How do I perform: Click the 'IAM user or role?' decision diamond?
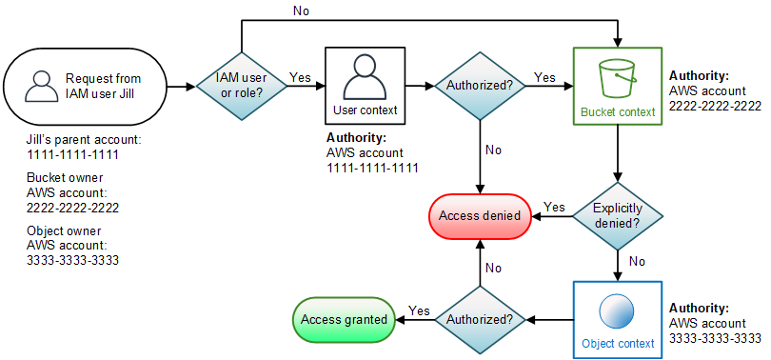pyautogui.click(x=243, y=85)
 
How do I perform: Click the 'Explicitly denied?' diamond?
pyautogui.click(x=619, y=215)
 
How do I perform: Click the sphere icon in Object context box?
pyautogui.click(x=618, y=312)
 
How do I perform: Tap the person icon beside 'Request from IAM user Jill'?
pyautogui.click(x=39, y=86)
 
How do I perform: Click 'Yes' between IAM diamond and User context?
pyautogui.click(x=299, y=76)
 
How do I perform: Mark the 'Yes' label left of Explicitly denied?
pyautogui.click(x=553, y=207)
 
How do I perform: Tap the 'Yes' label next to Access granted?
pyautogui.click(x=418, y=310)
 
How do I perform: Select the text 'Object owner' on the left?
pyautogui.click(x=63, y=231)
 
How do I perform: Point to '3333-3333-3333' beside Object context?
pyautogui.click(x=715, y=338)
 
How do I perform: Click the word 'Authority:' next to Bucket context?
pyautogui.click(x=701, y=74)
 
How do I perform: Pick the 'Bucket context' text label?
pyautogui.click(x=618, y=111)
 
